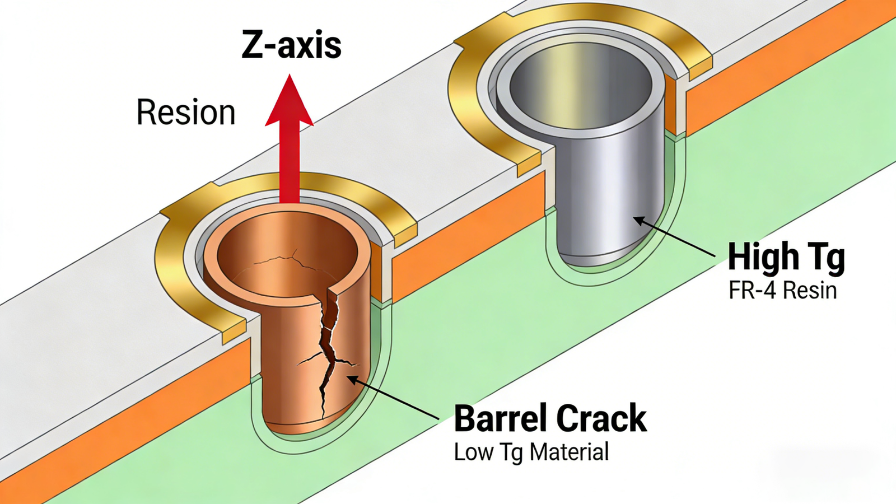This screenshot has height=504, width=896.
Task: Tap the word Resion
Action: click(x=186, y=112)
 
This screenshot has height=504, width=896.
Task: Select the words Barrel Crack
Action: click(x=550, y=418)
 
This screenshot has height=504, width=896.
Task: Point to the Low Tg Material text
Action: click(x=531, y=452)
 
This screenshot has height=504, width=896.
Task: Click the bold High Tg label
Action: click(x=786, y=258)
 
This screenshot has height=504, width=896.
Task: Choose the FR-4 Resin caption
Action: click(x=782, y=290)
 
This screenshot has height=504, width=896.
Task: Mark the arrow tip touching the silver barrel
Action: click(x=634, y=218)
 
